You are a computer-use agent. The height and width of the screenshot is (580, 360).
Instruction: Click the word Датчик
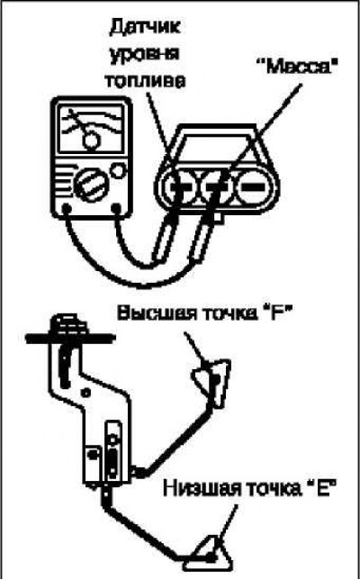145,28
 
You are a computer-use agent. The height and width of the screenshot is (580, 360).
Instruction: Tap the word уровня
144,54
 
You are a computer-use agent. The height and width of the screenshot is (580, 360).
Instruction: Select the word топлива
145,81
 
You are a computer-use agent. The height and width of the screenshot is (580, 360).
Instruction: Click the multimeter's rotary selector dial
91,185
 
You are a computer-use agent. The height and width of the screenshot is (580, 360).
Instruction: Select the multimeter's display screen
91,129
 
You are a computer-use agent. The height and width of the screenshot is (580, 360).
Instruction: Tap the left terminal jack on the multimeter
67,208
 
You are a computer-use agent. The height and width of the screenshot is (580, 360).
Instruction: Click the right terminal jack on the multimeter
117,208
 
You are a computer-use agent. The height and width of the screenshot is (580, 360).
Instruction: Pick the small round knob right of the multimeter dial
119,170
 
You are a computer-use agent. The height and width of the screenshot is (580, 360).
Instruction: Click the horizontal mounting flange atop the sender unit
70,338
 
